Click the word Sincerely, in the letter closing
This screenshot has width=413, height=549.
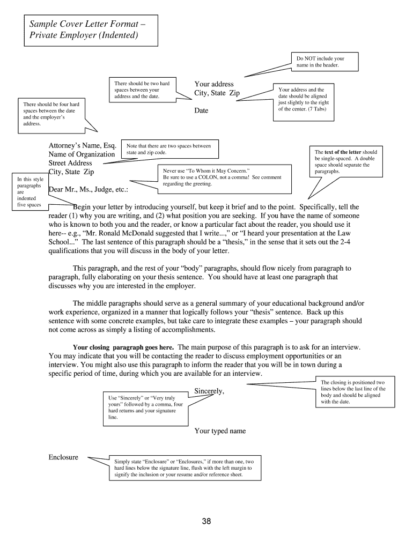click(x=209, y=391)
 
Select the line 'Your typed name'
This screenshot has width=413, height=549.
click(x=220, y=431)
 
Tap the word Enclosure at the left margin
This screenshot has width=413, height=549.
click(x=63, y=457)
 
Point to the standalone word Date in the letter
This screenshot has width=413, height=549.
click(x=201, y=110)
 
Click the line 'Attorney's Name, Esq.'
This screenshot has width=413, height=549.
click(x=83, y=145)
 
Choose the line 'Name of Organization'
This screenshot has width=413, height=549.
click(x=82, y=154)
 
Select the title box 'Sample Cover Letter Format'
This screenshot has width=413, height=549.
click(x=90, y=30)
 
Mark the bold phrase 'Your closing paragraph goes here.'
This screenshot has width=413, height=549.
click(x=123, y=347)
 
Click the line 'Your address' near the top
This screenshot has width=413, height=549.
click(x=214, y=84)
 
